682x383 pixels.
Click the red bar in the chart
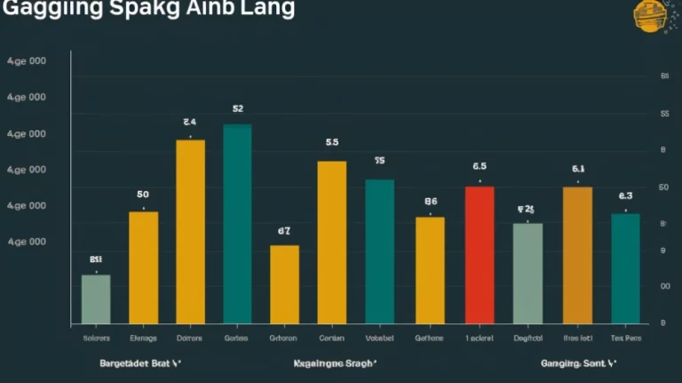coord(480,254)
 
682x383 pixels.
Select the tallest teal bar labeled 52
coord(237,223)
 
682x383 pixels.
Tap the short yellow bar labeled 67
coord(284,283)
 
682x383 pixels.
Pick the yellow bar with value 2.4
coord(190,231)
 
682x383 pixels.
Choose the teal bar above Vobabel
coord(379,251)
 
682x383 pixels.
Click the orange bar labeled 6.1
coord(577,254)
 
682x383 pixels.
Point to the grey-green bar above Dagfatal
coord(527,273)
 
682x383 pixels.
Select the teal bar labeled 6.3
coord(625,267)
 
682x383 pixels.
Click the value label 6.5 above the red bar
coord(480,166)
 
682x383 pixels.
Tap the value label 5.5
coord(332,142)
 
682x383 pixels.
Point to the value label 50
coord(143,194)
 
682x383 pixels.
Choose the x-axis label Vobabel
coord(379,339)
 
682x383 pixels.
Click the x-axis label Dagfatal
coord(527,339)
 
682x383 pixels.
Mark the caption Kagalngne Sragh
coord(335,363)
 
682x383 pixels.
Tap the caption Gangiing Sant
coord(578,363)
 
